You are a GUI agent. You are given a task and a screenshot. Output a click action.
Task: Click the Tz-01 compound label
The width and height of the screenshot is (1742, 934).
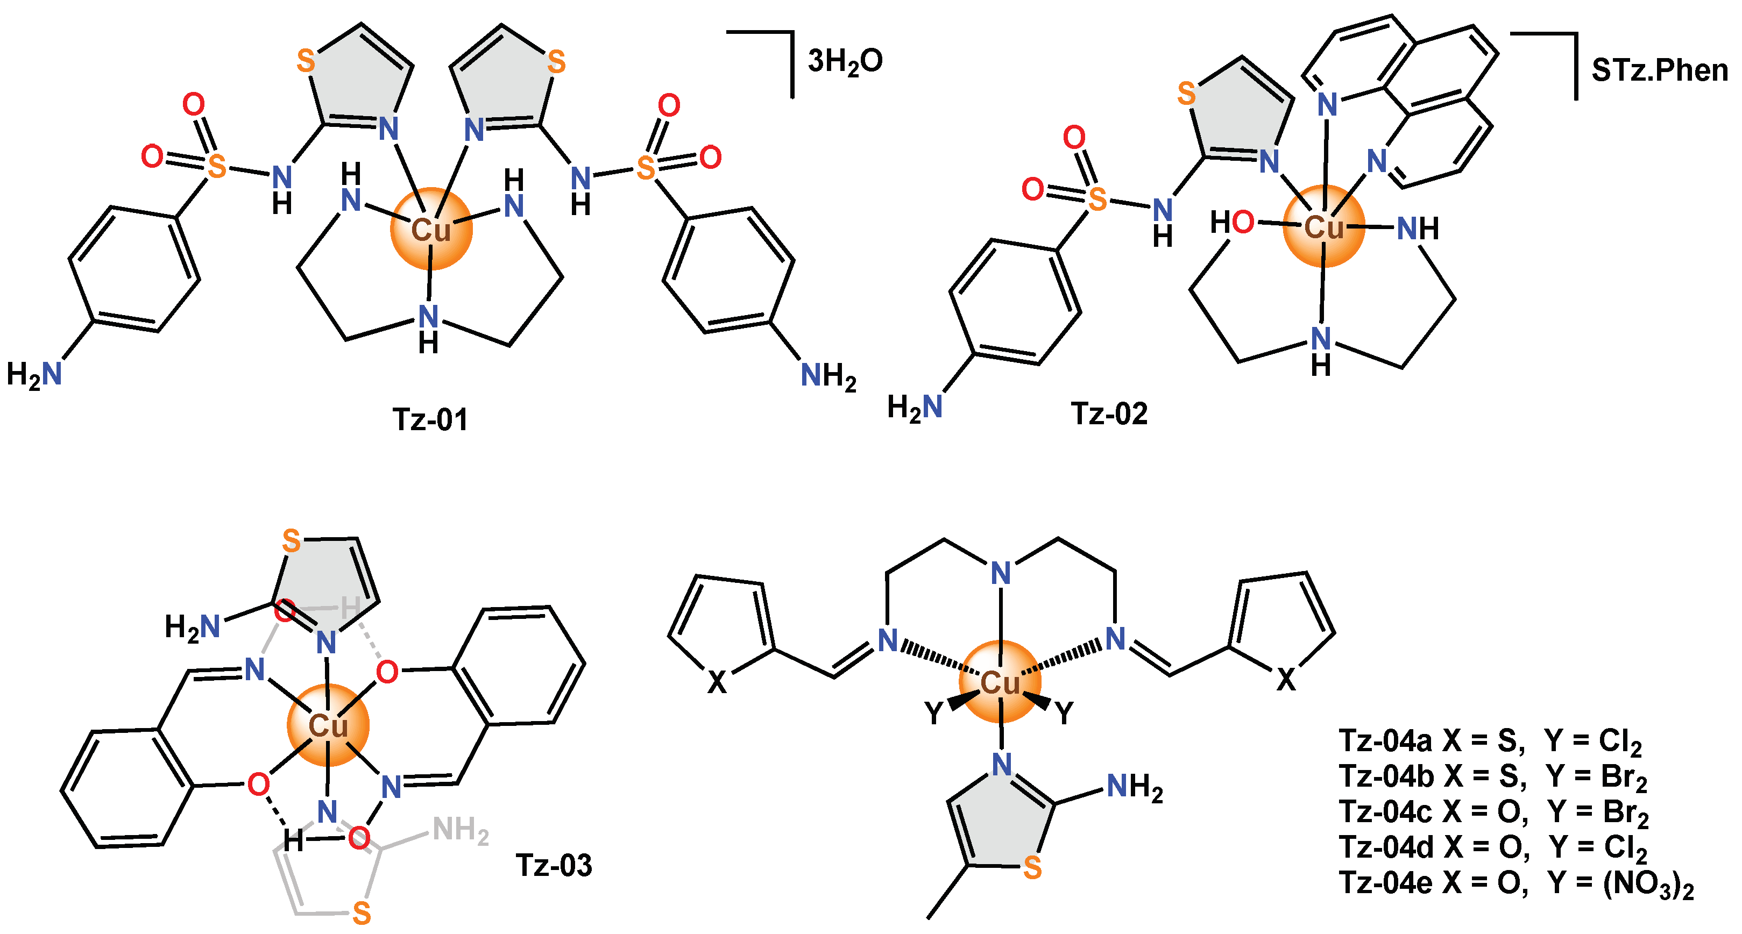[x=430, y=420]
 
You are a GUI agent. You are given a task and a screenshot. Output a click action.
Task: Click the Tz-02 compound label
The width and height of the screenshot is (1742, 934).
[x=1109, y=413]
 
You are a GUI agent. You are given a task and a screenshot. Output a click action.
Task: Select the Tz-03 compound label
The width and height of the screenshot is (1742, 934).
[x=554, y=866]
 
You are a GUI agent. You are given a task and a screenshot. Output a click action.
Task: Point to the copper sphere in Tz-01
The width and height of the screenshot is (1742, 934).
[x=431, y=229]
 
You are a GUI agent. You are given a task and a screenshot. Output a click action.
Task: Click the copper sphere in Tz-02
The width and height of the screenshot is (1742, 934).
[x=1323, y=226]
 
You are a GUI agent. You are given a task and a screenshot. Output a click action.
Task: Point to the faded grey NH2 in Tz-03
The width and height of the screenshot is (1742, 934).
[x=461, y=831]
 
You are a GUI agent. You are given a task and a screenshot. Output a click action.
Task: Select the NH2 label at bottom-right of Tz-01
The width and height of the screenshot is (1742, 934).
[x=828, y=376]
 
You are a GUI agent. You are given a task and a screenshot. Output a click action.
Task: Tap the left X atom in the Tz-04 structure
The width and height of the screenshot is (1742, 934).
[x=717, y=682]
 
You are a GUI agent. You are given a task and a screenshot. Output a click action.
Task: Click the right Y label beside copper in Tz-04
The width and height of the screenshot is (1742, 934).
[x=1064, y=713]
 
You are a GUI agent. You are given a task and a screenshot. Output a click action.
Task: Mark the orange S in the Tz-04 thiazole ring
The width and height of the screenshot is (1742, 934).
[x=1032, y=868]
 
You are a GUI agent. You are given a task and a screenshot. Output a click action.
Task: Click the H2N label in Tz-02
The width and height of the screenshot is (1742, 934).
[x=914, y=408]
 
